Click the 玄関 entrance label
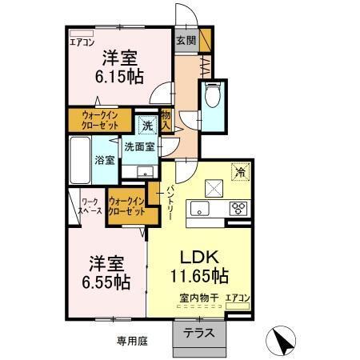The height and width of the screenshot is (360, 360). click(185, 41)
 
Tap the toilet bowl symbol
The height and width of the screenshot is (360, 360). click(213, 96)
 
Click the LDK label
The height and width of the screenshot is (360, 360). click(198, 258)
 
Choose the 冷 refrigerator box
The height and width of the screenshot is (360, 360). click(238, 170)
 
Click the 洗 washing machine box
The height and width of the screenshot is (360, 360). click(147, 126)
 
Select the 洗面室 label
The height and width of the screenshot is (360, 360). click(139, 147)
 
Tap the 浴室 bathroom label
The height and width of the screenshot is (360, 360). click(105, 159)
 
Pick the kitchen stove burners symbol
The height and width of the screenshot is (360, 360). click(238, 209)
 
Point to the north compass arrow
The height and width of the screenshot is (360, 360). click(284, 342)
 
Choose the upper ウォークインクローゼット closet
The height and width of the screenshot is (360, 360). click(101, 121)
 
